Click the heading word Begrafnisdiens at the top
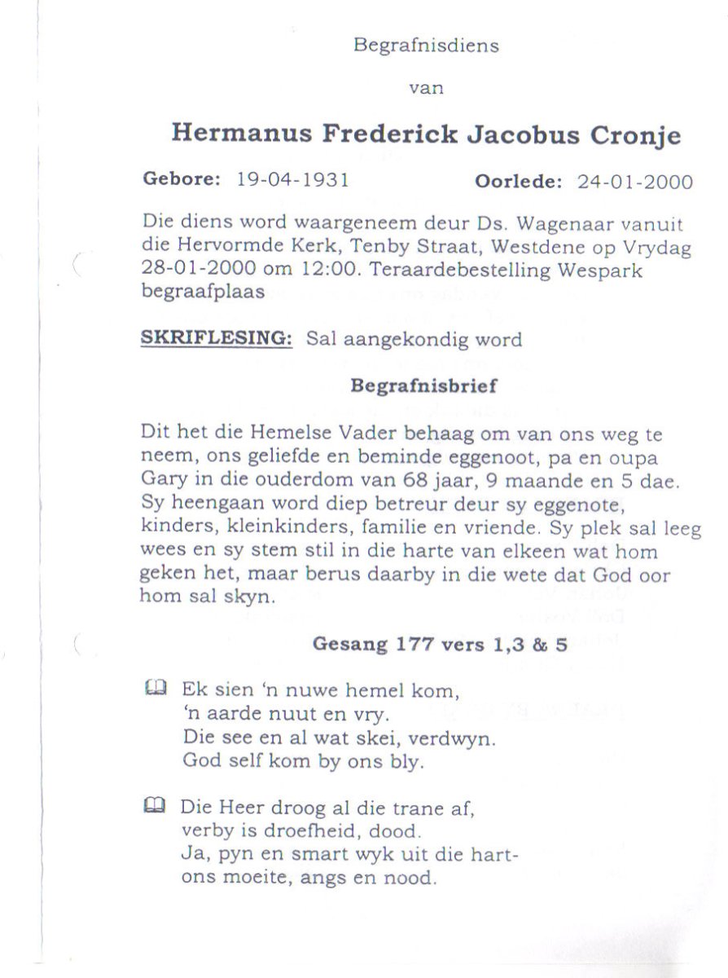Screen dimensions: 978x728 (x=425, y=46)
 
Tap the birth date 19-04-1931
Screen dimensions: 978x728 (x=292, y=180)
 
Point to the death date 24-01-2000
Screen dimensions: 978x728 (x=635, y=182)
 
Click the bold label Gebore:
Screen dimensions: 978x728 (x=182, y=180)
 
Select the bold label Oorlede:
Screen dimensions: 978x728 (x=519, y=182)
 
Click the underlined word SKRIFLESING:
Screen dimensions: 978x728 (x=217, y=339)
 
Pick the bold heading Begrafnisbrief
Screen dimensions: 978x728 (x=423, y=385)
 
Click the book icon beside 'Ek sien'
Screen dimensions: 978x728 (x=155, y=688)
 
